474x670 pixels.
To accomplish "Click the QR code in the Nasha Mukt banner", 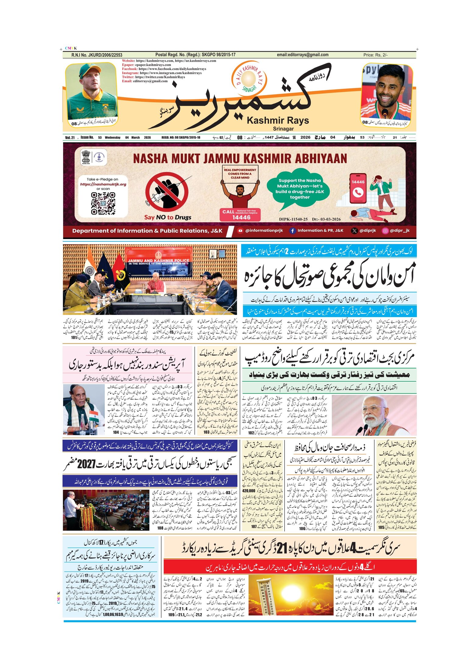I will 103,203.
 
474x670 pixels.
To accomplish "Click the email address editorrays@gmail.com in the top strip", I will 302,55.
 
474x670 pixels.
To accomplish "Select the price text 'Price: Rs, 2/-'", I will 375,55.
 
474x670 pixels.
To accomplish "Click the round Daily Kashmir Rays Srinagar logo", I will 249,78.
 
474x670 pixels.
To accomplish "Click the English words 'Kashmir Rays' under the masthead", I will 278,121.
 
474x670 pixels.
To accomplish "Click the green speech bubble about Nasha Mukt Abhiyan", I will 299,189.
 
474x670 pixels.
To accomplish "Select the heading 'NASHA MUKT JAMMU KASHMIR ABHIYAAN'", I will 240,158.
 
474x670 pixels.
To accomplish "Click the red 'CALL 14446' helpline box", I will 241,214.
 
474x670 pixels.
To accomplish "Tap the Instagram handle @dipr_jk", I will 396,231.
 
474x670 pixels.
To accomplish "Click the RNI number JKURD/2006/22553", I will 97,55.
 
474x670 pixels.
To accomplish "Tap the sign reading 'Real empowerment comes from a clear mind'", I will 240,174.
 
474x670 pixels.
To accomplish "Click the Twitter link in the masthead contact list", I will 154,77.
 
